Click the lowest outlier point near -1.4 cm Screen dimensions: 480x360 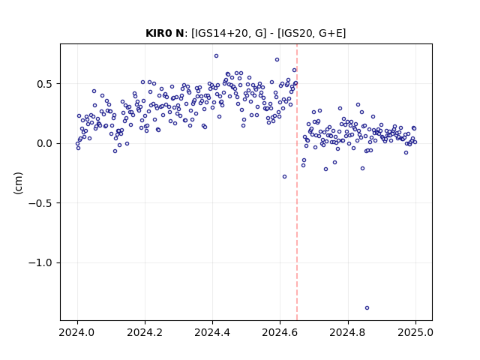(x=367, y=308)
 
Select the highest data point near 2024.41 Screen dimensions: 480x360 (x=217, y=56)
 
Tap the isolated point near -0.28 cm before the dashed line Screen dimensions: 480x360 (x=284, y=177)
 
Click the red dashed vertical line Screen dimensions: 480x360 (x=297, y=182)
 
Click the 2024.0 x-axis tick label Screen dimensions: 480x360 (x=77, y=332)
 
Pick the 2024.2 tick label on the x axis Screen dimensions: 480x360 (x=145, y=332)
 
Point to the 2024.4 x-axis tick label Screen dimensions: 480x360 (x=212, y=332)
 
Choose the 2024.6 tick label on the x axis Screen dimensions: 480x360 (x=280, y=332)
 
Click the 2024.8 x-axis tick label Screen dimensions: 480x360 (x=348, y=332)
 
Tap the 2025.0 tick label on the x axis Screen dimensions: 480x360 (x=415, y=332)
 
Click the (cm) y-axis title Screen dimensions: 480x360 (x=18, y=183)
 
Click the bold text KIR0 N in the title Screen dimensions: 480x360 (x=165, y=33)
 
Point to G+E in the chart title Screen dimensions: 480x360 (x=330, y=33)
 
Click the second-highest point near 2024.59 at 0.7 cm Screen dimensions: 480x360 (x=277, y=60)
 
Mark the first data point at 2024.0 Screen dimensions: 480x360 (x=77, y=143)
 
